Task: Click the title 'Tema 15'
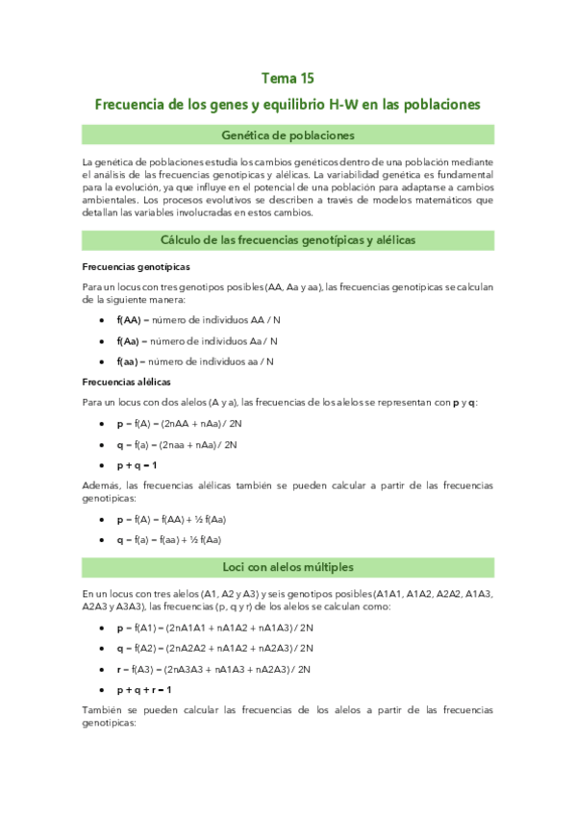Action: click(x=288, y=78)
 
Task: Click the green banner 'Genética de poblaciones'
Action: click(x=288, y=135)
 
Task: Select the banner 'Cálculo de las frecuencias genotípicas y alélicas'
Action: click(x=288, y=237)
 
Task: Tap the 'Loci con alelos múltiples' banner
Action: click(x=288, y=567)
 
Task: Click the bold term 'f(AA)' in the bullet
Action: click(x=129, y=320)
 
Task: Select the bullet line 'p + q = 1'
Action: click(x=137, y=465)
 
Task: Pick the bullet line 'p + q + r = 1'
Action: click(x=144, y=689)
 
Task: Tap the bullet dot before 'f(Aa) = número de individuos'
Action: click(x=103, y=341)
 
